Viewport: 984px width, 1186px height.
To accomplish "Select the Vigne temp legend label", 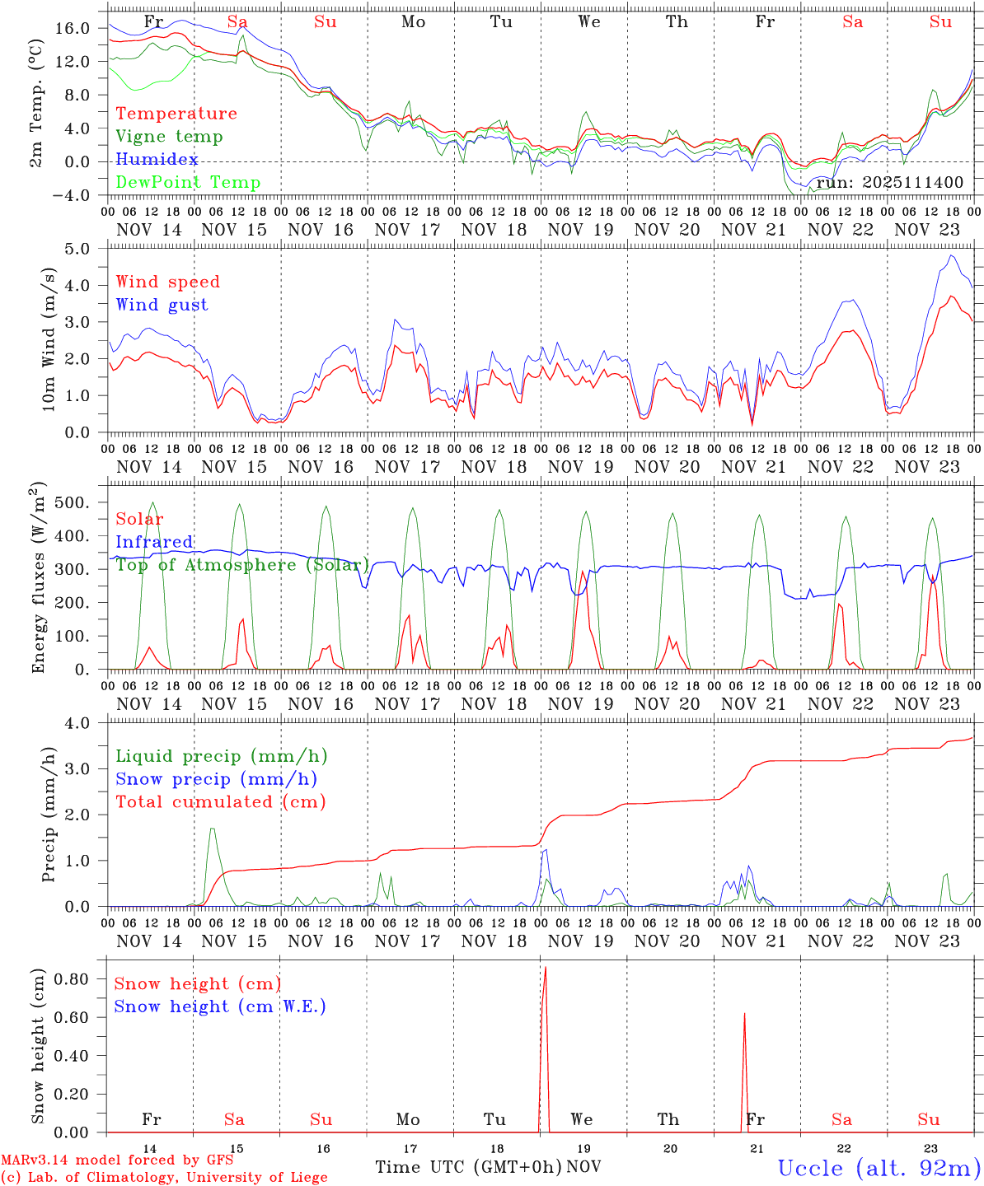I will point(169,137).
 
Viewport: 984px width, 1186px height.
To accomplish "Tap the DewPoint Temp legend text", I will point(188,183).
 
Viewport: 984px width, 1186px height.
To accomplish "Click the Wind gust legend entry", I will point(162,305).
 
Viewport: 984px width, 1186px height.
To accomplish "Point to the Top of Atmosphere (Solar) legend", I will point(242,565).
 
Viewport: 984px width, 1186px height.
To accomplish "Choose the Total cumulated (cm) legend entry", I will point(220,801).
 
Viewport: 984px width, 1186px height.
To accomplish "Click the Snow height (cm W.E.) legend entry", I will point(220,1006).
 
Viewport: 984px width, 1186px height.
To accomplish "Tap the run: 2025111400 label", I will point(889,182).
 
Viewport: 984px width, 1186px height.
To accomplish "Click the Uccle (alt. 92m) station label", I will point(879,1168).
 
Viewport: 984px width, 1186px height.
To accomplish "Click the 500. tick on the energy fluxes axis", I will point(74,502).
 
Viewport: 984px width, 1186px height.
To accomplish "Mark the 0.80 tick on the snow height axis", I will point(73,979).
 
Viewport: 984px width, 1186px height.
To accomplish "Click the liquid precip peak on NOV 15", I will point(213,829).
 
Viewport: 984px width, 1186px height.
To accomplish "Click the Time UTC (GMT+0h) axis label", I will point(468,1167).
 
